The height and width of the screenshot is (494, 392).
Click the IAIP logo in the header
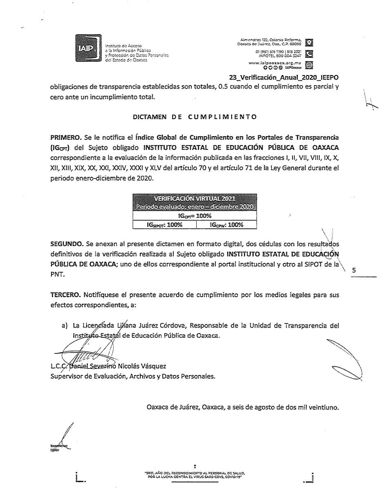point(88,48)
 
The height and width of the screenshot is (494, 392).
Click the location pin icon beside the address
point(310,42)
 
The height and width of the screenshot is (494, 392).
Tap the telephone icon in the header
point(310,53)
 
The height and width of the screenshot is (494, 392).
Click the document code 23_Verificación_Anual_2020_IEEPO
point(284,77)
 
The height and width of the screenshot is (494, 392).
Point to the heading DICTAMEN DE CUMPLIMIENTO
point(195,117)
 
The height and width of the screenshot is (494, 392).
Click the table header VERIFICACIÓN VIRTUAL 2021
point(194,198)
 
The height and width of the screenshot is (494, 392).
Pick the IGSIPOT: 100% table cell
point(165,225)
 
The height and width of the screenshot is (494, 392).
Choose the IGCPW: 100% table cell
point(226,225)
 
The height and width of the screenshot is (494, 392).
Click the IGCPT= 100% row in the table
point(195,216)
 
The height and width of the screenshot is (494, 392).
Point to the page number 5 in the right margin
point(354,270)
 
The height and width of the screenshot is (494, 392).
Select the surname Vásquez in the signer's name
point(153,366)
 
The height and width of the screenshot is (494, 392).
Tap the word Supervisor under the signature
point(67,376)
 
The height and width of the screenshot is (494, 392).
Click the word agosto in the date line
point(254,406)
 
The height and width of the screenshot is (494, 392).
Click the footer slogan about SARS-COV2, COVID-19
point(195,475)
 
